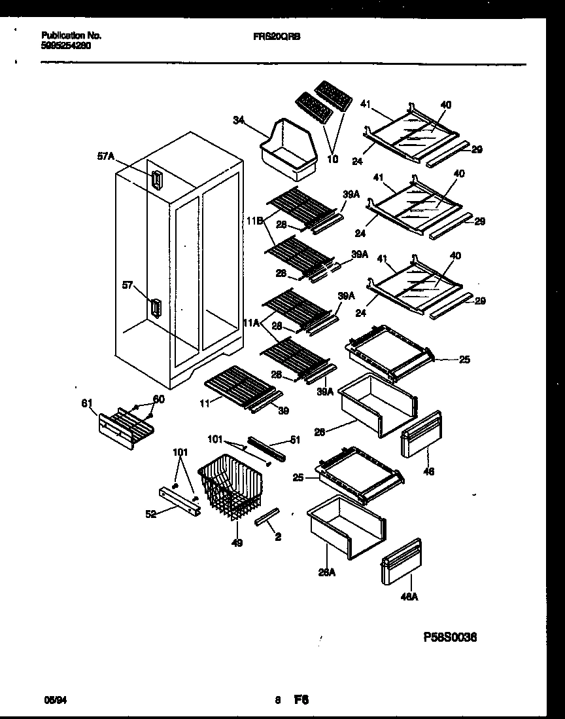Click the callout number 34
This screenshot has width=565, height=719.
[x=238, y=119]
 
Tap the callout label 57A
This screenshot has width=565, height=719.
[x=106, y=156]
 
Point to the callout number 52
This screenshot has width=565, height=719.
[x=152, y=515]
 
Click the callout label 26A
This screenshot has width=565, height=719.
[x=326, y=574]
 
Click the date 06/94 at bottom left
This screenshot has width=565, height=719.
[x=52, y=700]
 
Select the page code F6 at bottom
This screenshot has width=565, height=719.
[x=301, y=699]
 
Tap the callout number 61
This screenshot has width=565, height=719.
[x=86, y=403]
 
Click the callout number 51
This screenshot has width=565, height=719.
[x=295, y=440]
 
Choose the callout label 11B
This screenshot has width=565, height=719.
[x=254, y=222]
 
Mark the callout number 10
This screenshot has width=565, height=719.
[x=333, y=159]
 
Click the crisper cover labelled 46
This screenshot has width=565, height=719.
[x=422, y=433]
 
